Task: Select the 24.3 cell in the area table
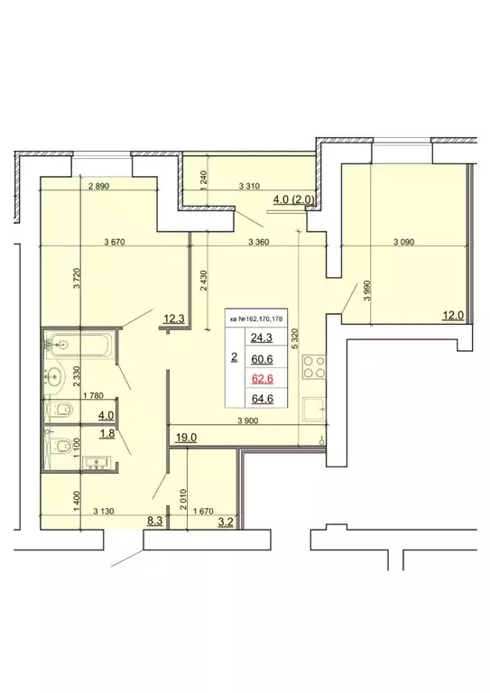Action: tap(263, 338)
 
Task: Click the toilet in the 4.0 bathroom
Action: tap(61, 411)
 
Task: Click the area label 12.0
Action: tap(451, 315)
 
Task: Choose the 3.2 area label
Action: tap(227, 520)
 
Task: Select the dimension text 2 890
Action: tap(104, 187)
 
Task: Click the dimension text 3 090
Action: tap(410, 242)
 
